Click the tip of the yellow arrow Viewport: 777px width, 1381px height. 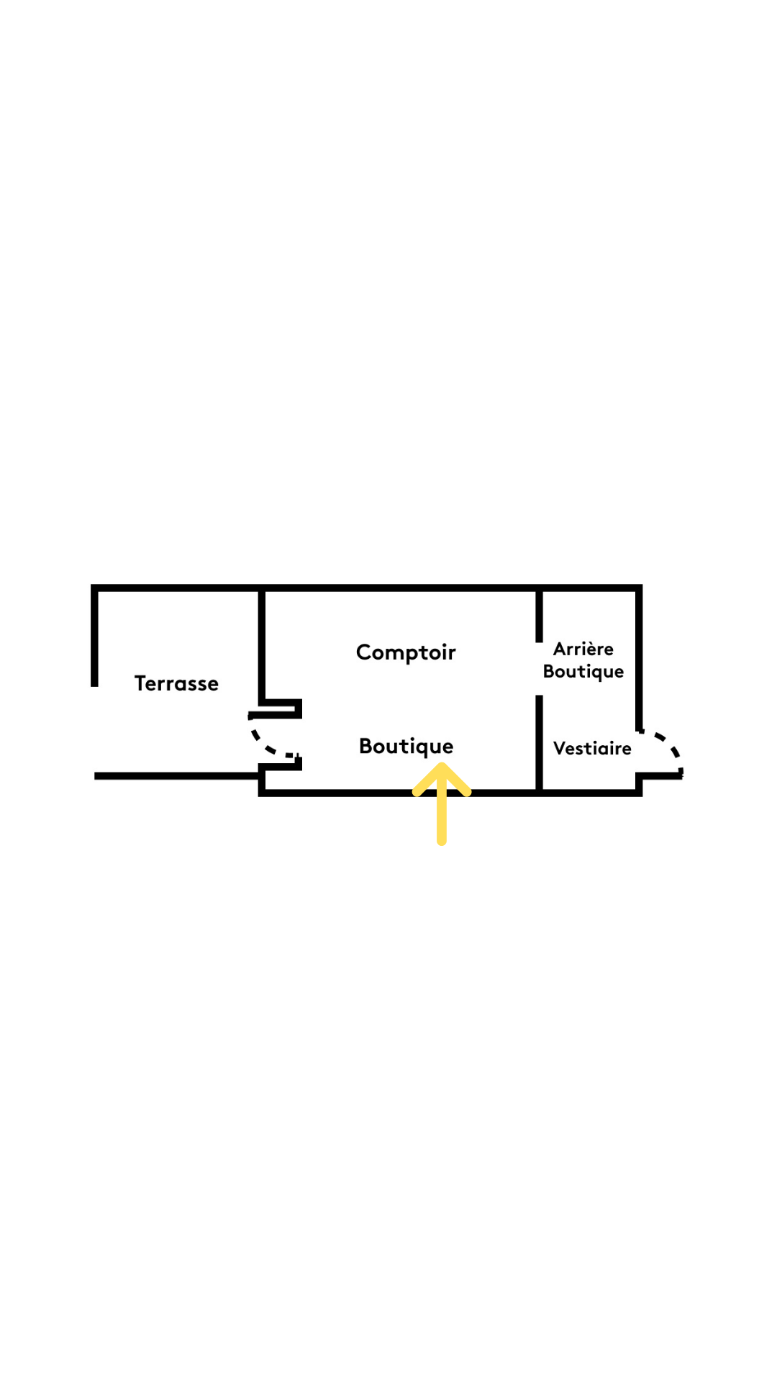click(442, 765)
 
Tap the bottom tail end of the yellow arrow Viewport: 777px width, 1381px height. click(442, 842)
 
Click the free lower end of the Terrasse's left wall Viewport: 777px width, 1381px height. click(94, 685)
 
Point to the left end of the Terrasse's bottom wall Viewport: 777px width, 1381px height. click(96, 776)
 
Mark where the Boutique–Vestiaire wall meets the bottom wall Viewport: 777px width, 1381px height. click(539, 793)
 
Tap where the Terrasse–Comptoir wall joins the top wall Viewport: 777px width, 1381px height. click(262, 588)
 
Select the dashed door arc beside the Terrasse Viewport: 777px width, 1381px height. click(262, 741)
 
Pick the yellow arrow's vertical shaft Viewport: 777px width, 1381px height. click(442, 806)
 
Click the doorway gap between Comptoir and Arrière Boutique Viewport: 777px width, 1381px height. click(539, 669)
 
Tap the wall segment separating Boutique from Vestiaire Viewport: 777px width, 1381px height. click(539, 744)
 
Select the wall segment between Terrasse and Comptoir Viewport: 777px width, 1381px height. click(262, 645)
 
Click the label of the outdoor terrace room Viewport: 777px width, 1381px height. click(176, 683)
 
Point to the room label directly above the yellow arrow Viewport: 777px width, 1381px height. click(406, 747)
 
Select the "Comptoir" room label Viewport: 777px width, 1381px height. click(406, 652)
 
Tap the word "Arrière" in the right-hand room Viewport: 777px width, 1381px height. click(583, 649)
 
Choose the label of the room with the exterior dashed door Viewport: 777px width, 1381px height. click(592, 748)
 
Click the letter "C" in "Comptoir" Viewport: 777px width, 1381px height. click(365, 652)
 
